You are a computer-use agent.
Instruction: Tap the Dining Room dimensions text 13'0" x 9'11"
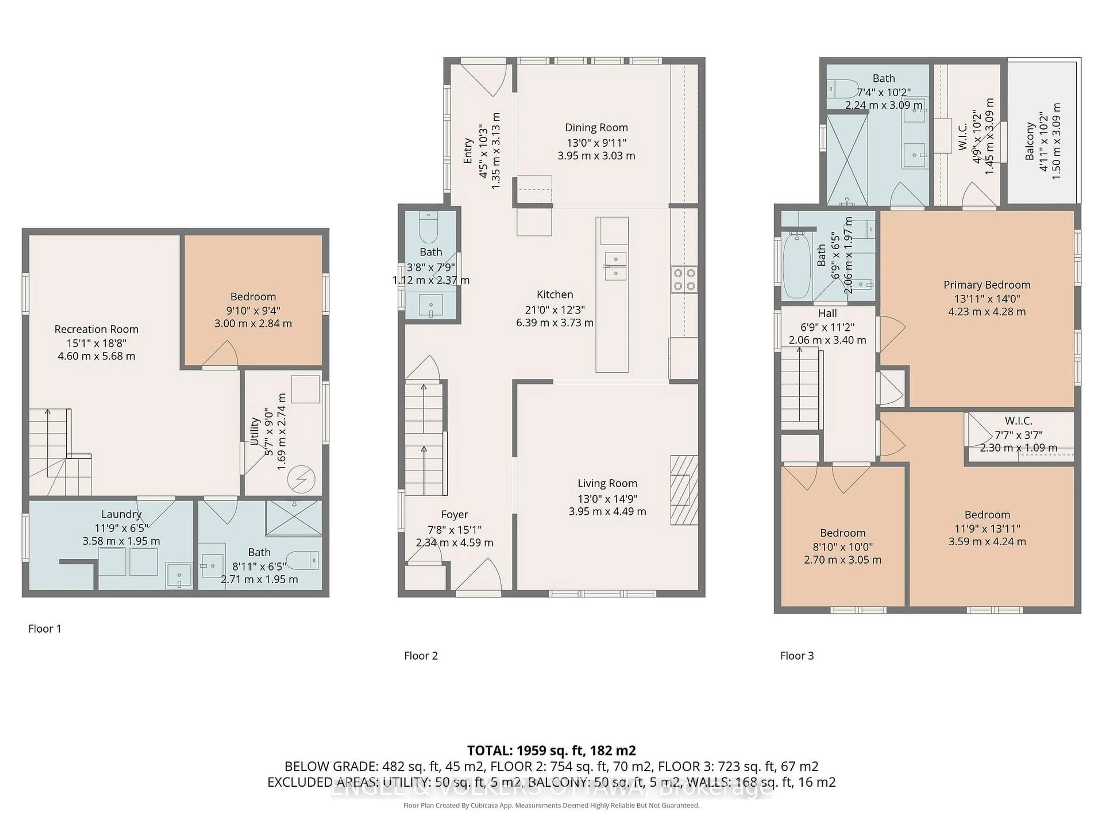point(596,142)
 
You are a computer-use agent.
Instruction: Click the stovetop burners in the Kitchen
point(684,279)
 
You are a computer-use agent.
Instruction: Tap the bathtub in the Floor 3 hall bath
point(797,266)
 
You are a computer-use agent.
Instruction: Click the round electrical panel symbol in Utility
point(301,480)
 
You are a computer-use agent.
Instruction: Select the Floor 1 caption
point(45,629)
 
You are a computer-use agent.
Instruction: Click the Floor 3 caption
point(796,656)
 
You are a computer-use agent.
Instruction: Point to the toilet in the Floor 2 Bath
point(428,228)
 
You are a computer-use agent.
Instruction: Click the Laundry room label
point(121,514)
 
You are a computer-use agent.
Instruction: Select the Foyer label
point(454,515)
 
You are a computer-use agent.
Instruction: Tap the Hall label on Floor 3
point(827,313)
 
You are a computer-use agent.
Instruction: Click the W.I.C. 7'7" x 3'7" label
point(1018,421)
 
